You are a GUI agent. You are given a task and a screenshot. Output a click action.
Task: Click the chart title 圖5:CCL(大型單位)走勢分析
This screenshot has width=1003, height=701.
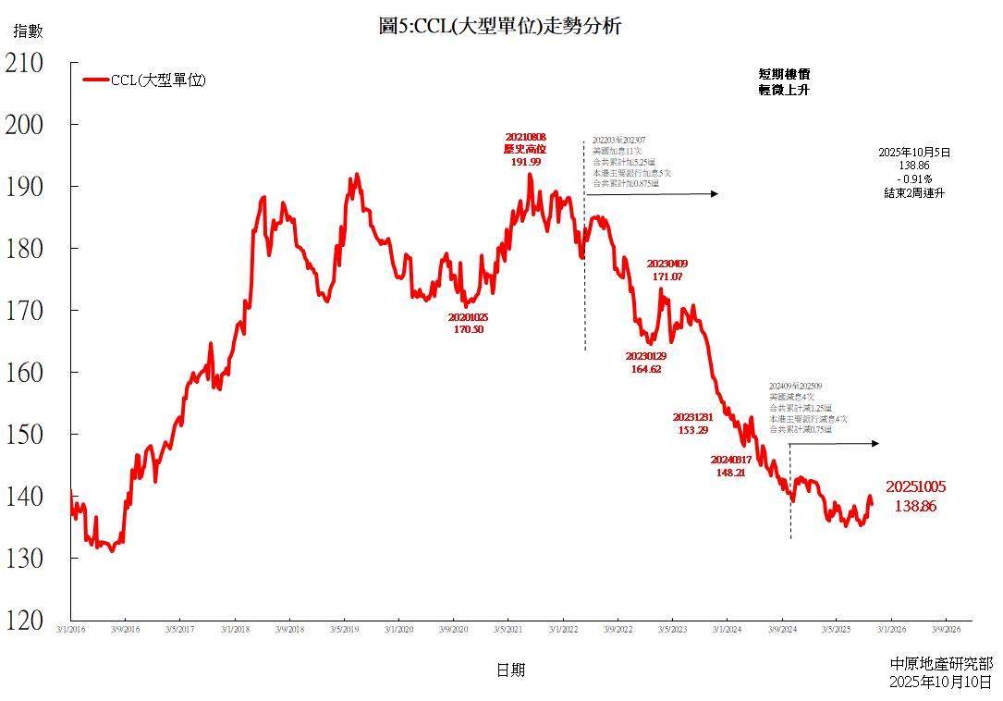tap(500, 26)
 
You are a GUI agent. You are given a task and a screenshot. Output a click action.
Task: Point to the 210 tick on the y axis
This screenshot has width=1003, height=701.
tap(24, 63)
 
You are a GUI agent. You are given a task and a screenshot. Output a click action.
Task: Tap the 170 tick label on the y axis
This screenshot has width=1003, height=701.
tap(24, 311)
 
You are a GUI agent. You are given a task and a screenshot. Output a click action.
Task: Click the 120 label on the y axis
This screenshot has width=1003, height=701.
tap(24, 621)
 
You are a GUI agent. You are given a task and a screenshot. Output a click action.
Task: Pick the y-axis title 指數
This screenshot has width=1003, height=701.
tap(27, 31)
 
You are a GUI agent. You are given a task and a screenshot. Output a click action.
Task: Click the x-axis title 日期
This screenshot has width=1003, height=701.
tap(509, 670)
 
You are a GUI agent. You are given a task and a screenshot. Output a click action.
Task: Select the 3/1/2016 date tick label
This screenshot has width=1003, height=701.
tap(71, 631)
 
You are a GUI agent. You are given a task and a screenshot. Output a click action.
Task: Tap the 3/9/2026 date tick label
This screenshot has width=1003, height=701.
tap(946, 631)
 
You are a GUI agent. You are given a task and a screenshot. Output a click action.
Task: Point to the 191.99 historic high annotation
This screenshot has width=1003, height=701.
tap(525, 161)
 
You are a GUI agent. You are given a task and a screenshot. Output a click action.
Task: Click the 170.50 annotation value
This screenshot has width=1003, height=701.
tap(469, 328)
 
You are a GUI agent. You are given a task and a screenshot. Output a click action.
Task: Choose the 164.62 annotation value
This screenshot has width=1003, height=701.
tap(645, 369)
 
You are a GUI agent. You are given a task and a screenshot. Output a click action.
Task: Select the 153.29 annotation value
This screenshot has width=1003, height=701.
tap(692, 430)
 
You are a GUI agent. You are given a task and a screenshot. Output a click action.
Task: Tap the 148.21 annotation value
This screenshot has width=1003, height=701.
tap(730, 472)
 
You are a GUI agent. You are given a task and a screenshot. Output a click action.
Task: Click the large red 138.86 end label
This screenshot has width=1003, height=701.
tap(915, 506)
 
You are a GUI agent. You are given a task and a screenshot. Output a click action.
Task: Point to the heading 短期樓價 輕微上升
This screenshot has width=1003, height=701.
tap(784, 82)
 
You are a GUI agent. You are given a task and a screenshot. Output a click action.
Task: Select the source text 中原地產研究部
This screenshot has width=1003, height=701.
tap(941, 664)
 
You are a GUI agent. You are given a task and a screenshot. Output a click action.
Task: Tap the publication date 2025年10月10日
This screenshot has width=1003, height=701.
tap(941, 682)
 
